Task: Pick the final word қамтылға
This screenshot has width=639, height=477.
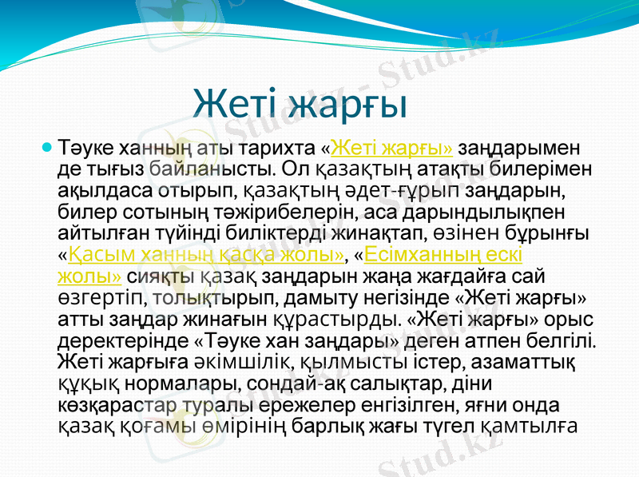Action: tap(530, 427)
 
